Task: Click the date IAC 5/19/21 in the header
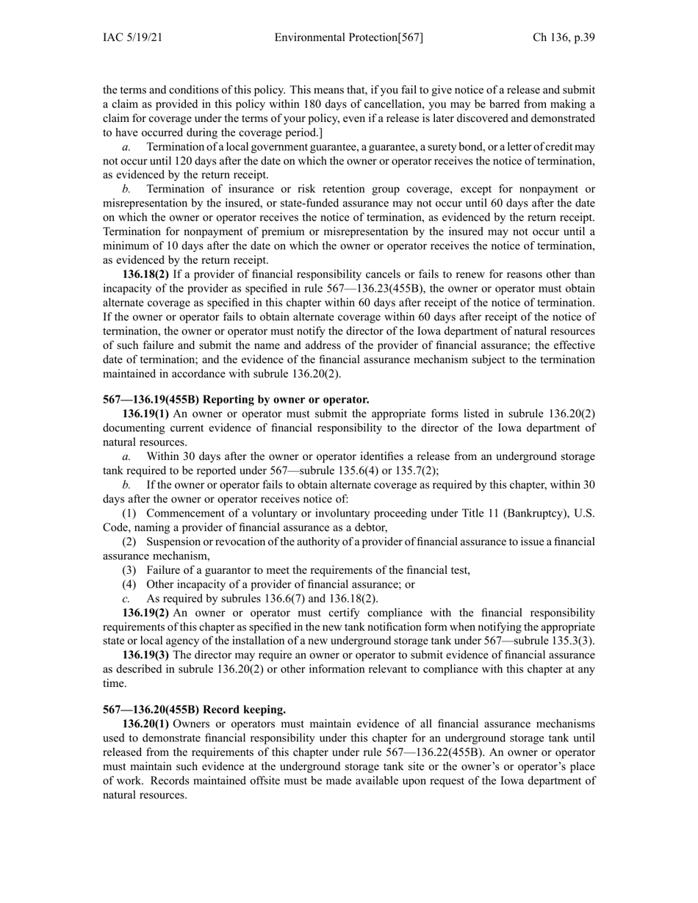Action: click(132, 38)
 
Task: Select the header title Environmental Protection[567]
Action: click(348, 38)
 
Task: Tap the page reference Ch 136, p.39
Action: click(564, 38)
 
